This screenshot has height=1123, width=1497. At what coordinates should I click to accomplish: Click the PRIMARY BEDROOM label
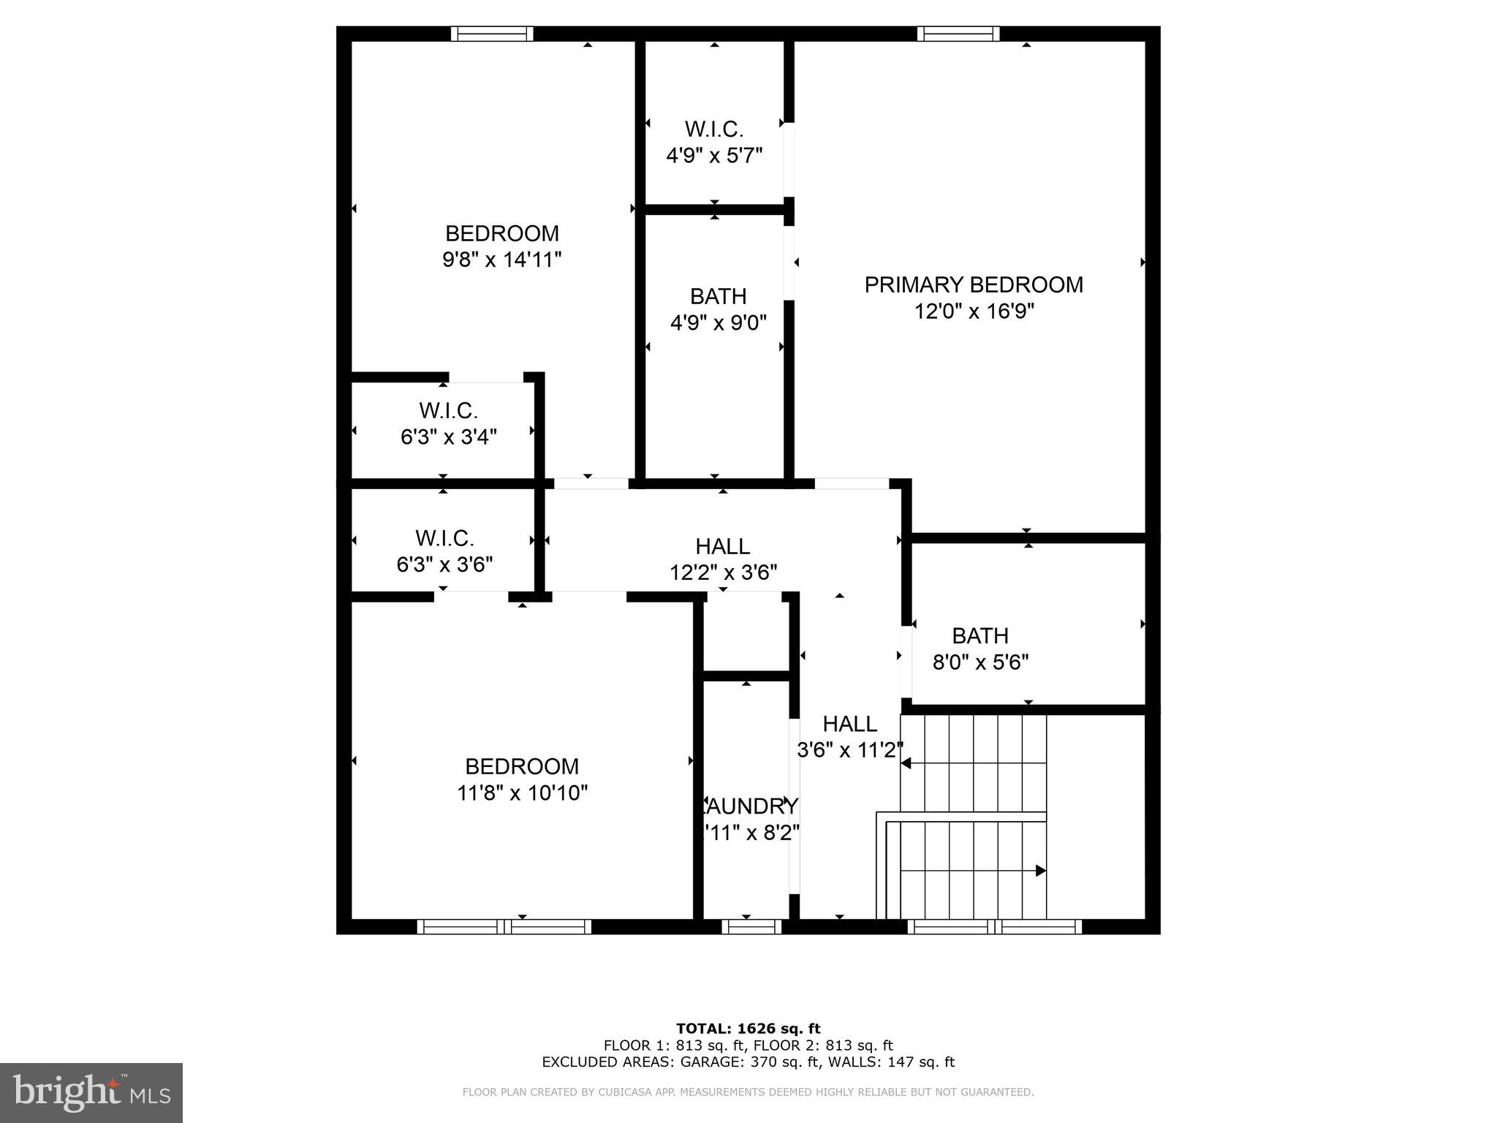point(973,285)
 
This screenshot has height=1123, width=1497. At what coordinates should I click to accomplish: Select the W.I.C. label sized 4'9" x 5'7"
point(713,129)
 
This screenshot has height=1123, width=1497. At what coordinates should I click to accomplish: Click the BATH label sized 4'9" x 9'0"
point(718,296)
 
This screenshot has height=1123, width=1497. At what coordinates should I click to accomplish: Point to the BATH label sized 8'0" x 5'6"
point(979,635)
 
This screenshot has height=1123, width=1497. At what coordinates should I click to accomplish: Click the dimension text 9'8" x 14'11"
point(501,260)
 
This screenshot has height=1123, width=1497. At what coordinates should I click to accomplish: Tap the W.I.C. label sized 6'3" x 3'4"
point(448,410)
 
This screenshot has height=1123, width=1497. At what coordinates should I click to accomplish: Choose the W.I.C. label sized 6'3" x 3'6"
point(444,538)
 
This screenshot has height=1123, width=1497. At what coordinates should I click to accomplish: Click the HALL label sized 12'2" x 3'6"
point(722,546)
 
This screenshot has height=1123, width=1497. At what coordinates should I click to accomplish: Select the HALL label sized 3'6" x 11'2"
point(849,724)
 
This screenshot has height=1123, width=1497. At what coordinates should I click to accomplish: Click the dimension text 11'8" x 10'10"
point(522,793)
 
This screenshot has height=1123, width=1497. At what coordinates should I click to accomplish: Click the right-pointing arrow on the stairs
point(1039,871)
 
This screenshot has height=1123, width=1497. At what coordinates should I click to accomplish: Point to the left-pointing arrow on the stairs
point(906,763)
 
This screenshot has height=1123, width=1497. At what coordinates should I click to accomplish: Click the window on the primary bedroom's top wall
point(958,34)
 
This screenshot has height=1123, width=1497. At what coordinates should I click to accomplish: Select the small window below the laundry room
point(751,927)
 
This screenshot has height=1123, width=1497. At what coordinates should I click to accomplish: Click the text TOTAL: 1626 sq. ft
point(748,1029)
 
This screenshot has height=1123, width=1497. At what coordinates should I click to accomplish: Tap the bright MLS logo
point(91,1092)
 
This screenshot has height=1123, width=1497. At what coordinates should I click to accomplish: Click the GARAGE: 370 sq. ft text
point(739,1062)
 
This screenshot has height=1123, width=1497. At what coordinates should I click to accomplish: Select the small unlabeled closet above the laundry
point(746,632)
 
